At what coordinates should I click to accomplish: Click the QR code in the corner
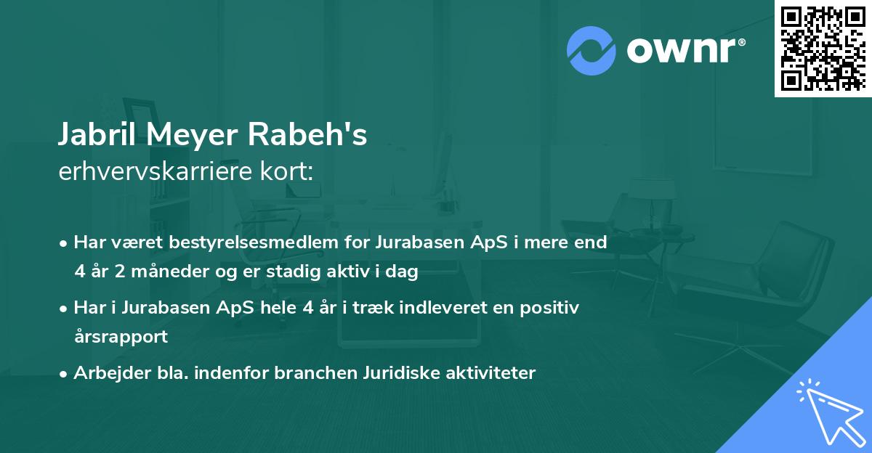pos(823,49)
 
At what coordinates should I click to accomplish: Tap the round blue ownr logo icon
pos(591,49)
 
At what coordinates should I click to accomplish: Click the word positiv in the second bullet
pos(549,308)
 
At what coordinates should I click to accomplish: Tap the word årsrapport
pos(121,337)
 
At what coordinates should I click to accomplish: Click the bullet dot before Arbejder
pos(65,374)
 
